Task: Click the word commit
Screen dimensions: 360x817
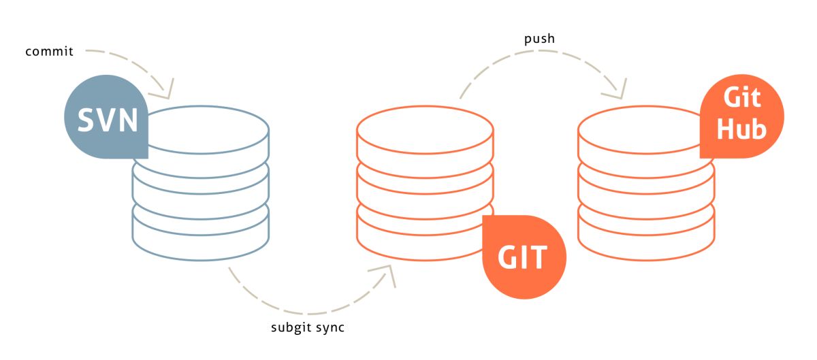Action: coord(49,52)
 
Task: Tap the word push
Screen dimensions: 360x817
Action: coord(539,39)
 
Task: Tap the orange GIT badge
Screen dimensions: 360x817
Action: coord(524,257)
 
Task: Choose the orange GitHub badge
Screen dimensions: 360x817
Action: coord(741,117)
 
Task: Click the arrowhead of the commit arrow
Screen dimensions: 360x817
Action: coord(166,91)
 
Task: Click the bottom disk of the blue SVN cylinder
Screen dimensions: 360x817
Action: coord(201,235)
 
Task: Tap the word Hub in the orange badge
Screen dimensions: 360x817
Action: coord(741,129)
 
